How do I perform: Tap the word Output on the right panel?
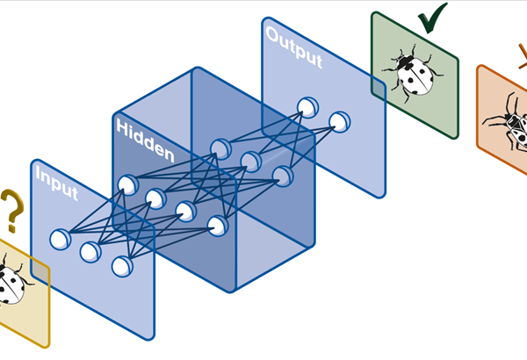[x=293, y=49]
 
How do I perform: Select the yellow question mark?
[x=11, y=211]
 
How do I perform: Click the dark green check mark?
[x=430, y=18]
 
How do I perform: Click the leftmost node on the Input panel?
[x=60, y=238]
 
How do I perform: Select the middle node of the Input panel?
[x=90, y=252]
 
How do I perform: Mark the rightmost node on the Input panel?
[x=121, y=266]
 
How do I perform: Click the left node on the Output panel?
[x=307, y=107]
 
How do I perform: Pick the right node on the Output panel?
[x=338, y=121]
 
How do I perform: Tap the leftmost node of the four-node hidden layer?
[x=126, y=184]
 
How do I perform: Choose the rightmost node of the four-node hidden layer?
[x=218, y=227]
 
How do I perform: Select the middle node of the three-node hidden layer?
[x=251, y=162]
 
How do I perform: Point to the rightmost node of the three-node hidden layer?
[x=281, y=176]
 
